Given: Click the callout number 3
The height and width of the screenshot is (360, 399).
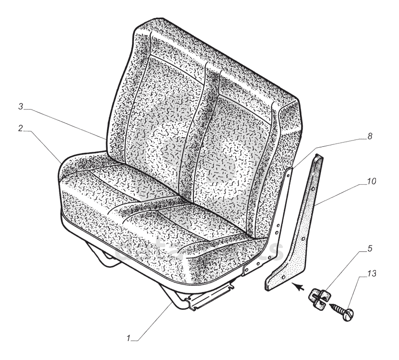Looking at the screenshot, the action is tap(21, 106).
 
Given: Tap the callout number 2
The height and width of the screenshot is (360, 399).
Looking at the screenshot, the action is tap(21, 128).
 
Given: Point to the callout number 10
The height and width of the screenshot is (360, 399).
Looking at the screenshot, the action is tap(371, 181).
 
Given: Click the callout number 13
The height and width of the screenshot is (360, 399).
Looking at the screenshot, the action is tap(371, 273).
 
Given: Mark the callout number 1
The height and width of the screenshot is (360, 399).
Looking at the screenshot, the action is tap(129, 338).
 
